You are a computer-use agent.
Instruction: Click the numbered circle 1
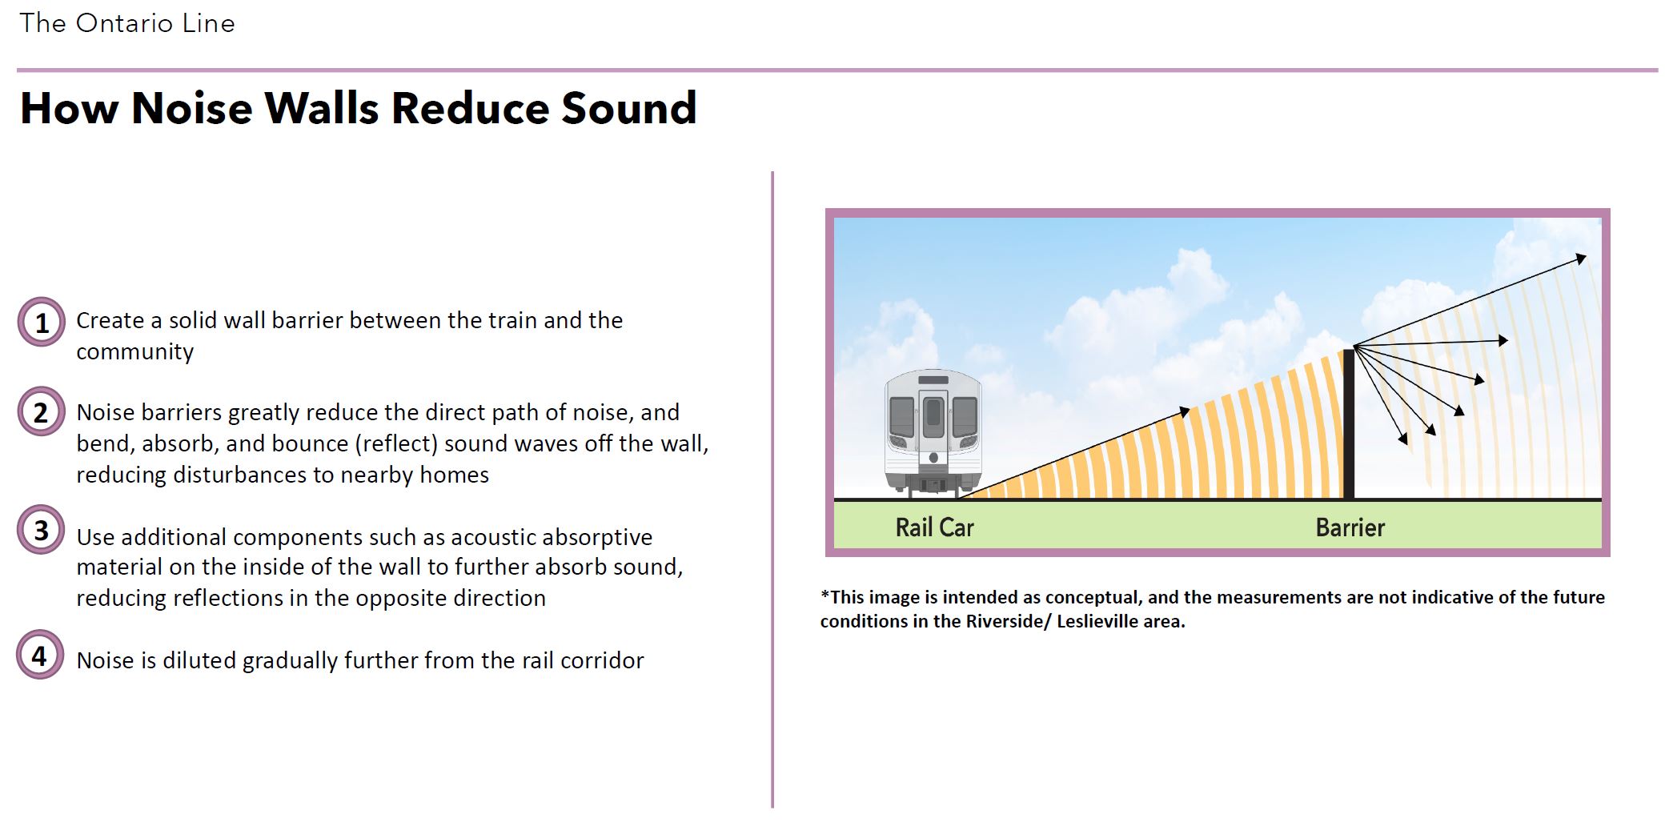tap(41, 322)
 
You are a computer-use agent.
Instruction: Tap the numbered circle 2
tap(41, 411)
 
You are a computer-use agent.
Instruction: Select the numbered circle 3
tap(41, 529)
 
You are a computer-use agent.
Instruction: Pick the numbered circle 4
tap(40, 655)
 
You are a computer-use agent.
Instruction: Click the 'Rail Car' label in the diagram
tap(934, 527)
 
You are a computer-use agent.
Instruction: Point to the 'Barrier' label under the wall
tap(1350, 527)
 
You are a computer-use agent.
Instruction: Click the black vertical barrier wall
tap(1349, 423)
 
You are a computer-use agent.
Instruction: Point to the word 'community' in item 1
tap(134, 352)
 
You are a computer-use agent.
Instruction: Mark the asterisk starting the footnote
tap(825, 595)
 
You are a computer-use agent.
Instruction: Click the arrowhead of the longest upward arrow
tap(1580, 259)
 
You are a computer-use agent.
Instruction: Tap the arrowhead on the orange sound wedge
tap(1184, 412)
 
